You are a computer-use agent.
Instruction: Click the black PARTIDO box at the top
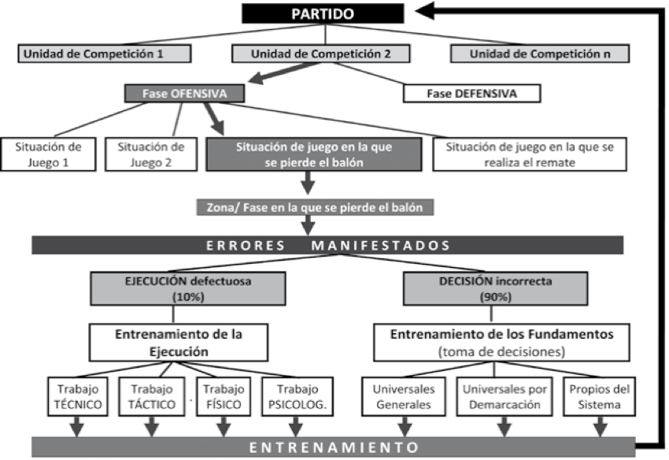coord(322,14)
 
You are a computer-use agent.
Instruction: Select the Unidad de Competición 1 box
coord(105,54)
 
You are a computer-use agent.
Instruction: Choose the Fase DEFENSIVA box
coord(471,93)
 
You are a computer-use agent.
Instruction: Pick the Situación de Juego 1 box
coord(48,155)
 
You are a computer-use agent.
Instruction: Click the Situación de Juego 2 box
coord(150,155)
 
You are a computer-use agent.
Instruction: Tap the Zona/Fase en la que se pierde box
coord(314,207)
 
